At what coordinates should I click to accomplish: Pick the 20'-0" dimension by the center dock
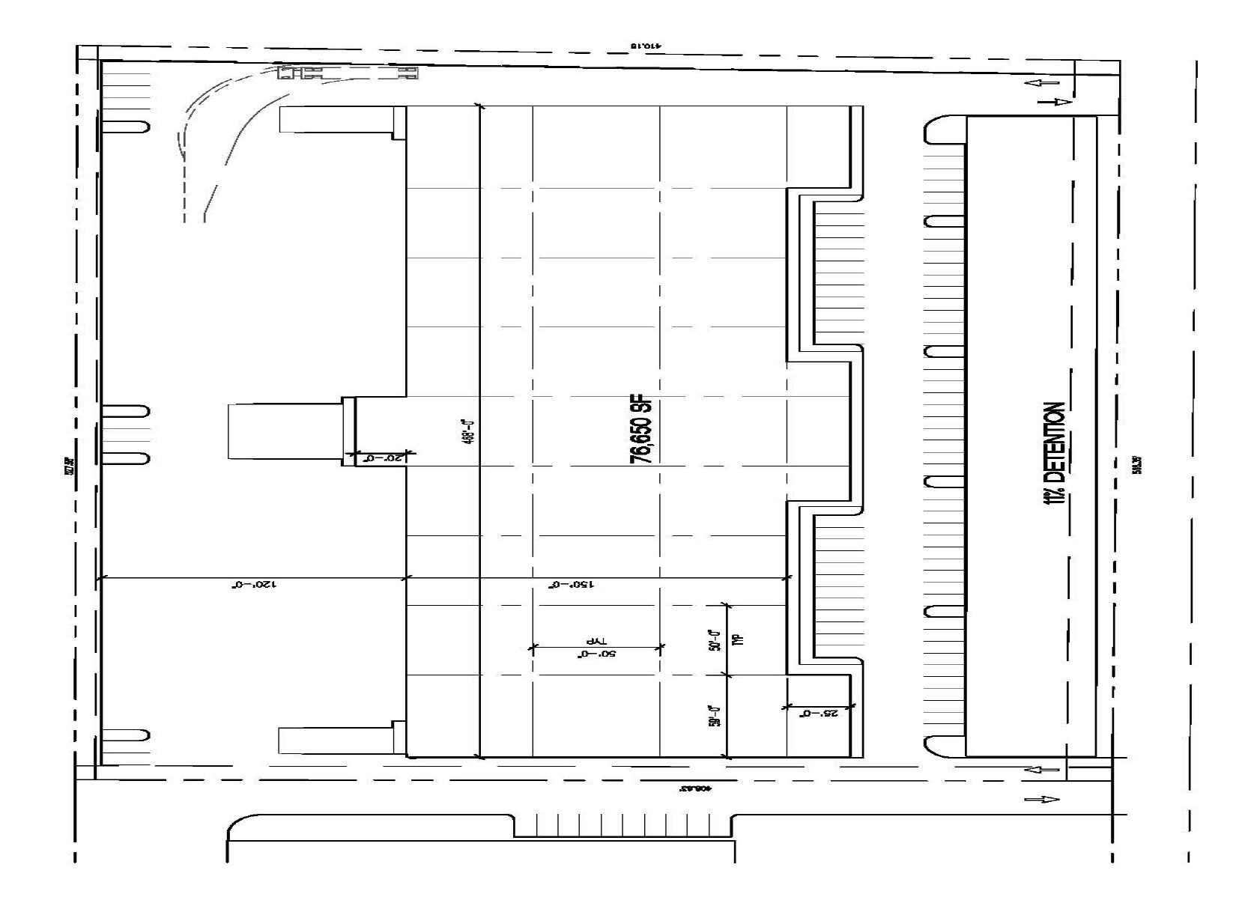(380, 458)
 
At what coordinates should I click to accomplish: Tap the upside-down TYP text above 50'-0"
(596, 642)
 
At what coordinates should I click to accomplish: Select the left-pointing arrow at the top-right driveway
(1046, 84)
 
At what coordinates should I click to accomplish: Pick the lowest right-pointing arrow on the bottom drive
(1042, 800)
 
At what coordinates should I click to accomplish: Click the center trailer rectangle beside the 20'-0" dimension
(285, 431)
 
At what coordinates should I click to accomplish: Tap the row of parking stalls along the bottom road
(622, 827)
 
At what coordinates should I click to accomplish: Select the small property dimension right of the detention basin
(1138, 464)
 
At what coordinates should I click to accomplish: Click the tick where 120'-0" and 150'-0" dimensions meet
(405, 578)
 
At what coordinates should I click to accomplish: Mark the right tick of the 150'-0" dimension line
(787, 578)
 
